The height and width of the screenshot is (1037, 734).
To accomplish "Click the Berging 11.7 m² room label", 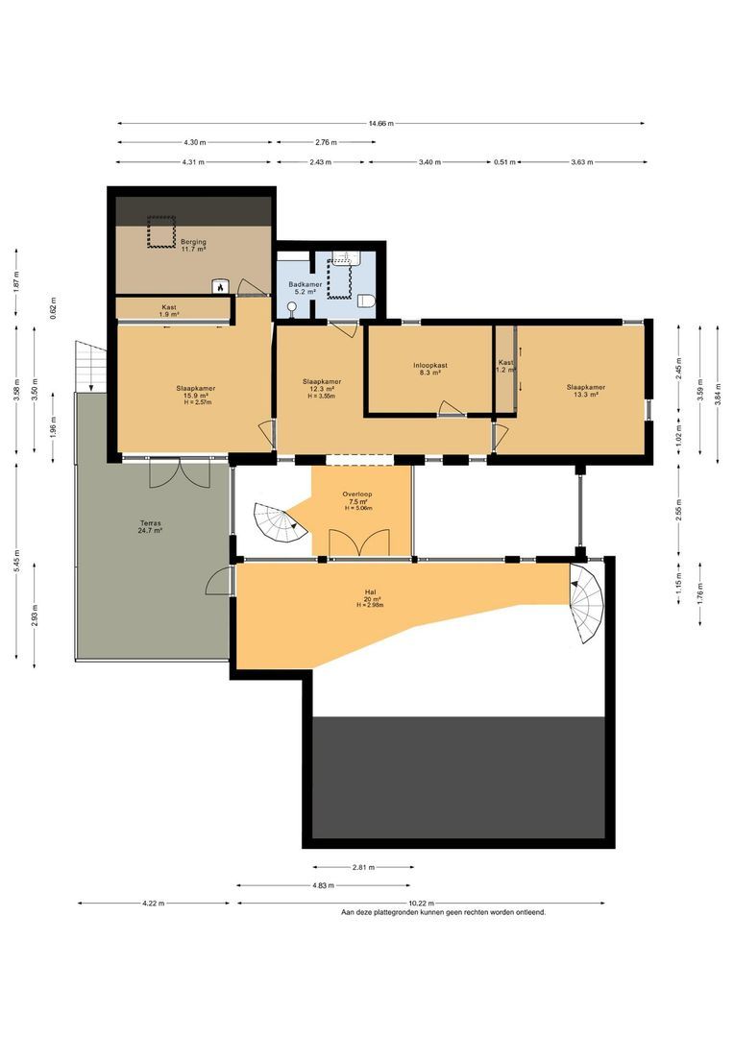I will pyautogui.click(x=193, y=246).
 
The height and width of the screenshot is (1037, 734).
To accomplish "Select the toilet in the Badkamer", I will pyautogui.click(x=366, y=301).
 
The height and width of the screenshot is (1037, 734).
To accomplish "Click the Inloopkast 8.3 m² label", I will pyautogui.click(x=430, y=369).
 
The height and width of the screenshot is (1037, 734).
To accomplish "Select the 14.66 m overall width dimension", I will pyautogui.click(x=380, y=124).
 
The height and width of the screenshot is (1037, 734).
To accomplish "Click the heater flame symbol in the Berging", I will pyautogui.click(x=220, y=285).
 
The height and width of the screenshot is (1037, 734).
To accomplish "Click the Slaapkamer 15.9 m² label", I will pyautogui.click(x=195, y=392).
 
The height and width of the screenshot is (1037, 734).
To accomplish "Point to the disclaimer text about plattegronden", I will pyautogui.click(x=443, y=913).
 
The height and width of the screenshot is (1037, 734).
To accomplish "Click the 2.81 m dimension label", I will pyautogui.click(x=363, y=868).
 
